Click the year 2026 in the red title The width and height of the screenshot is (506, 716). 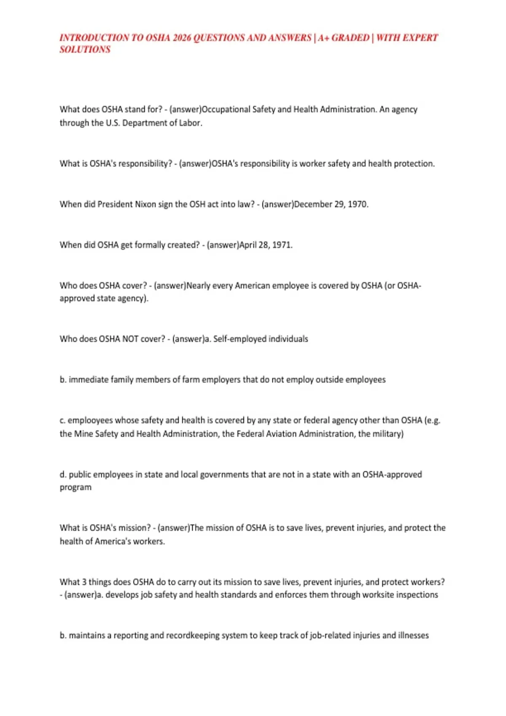point(182,38)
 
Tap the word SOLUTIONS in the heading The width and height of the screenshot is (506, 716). point(85,50)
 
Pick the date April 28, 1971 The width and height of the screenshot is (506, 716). point(266,245)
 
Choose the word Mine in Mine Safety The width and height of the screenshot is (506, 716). point(83,434)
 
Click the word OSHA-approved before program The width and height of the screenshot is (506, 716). point(392,475)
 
